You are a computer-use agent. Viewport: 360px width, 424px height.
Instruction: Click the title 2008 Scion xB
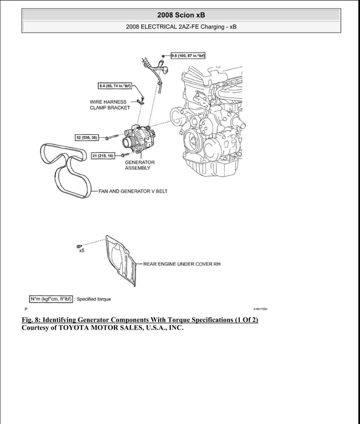coord(181,15)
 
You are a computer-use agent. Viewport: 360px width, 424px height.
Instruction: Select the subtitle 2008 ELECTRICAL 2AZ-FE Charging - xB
coord(181,27)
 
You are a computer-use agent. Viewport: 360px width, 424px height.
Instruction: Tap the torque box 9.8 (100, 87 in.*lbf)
coord(187,55)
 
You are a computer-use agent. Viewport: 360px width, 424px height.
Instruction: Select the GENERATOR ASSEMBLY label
coord(139,165)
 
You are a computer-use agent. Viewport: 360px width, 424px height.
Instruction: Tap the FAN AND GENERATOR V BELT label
coord(133,191)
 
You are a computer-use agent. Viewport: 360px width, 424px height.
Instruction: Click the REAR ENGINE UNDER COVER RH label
coord(181,264)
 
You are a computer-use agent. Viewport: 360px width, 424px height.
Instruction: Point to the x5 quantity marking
coord(81,251)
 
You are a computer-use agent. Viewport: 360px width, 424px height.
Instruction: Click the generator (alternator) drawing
coord(134,139)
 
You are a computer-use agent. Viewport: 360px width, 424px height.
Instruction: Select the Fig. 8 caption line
coord(139,320)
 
